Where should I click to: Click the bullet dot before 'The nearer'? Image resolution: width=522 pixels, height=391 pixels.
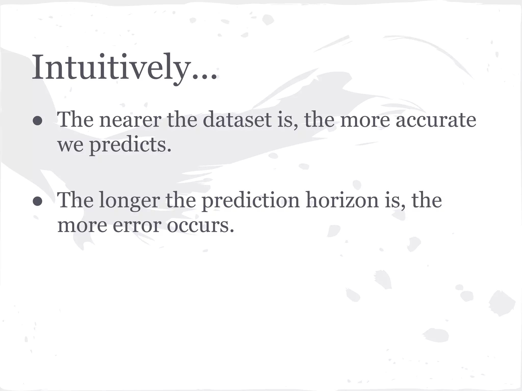point(38,121)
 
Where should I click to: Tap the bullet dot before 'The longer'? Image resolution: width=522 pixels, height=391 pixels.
point(38,202)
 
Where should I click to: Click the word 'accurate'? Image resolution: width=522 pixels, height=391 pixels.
point(436,120)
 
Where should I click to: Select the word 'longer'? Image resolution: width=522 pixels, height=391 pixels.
point(129,201)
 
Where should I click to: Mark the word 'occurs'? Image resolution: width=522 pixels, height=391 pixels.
point(200,226)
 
